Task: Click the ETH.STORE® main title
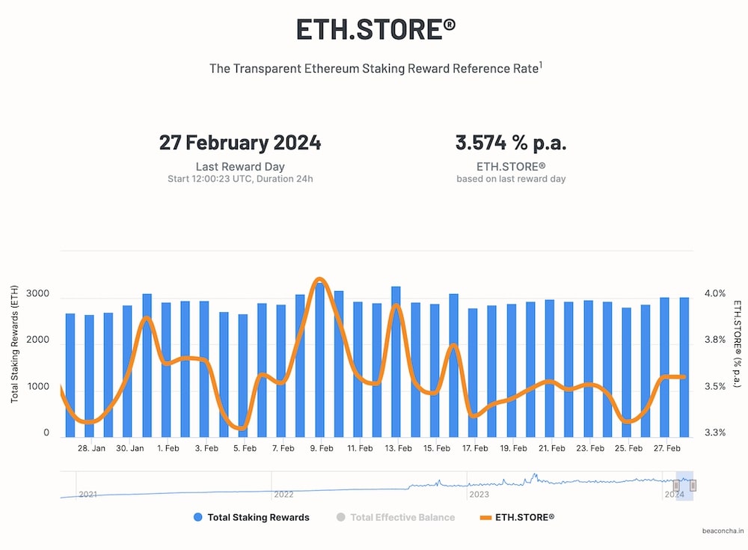coord(376,29)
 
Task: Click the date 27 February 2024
coord(240,143)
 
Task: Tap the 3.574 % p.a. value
coord(511,143)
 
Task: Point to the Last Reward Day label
coord(240,167)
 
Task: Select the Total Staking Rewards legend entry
coord(251,517)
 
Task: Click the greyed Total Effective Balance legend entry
coord(396,517)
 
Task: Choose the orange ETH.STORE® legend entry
coord(517,517)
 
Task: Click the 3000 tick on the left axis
coord(37,293)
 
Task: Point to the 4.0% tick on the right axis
coord(715,293)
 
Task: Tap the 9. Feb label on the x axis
coord(322,448)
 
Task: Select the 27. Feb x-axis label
coord(667,448)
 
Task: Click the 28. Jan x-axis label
coord(91,448)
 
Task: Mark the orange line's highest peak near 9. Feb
coord(319,279)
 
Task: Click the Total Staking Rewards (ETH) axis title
coord(15,344)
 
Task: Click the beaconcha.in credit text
coord(723,531)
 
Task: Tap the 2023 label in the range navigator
coord(479,494)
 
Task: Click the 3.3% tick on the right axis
coord(715,433)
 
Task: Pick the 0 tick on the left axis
coord(46,433)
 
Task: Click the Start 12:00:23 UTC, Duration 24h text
coord(240,179)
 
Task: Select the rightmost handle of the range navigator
coord(693,485)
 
